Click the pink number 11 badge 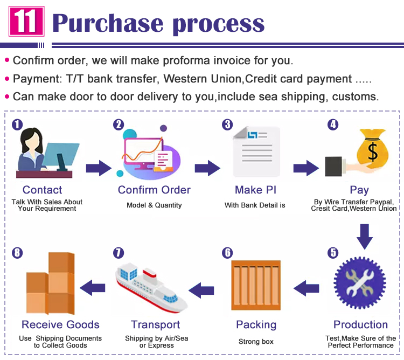click(26, 21)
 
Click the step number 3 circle click(227, 124)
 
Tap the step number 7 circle click(119, 253)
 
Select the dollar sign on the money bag click(373, 153)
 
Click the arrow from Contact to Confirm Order click(99, 168)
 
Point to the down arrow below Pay click(364, 237)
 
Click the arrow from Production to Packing click(306, 288)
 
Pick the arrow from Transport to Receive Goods click(93, 288)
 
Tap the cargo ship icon click(151, 288)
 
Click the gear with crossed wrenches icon click(360, 283)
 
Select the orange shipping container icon click(256, 285)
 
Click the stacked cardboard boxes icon click(51, 283)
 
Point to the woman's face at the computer click(33, 142)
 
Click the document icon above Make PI click(256, 151)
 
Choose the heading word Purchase click(108, 24)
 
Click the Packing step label click(256, 325)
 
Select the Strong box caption click(256, 342)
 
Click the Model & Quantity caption click(154, 205)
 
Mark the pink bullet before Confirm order click(7, 60)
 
